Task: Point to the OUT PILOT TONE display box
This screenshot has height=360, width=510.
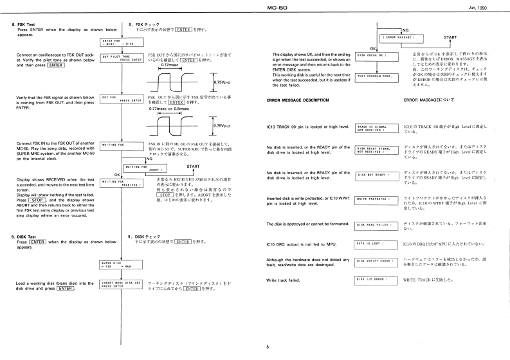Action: click(121, 59)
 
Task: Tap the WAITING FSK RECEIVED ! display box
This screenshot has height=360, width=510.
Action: click(121, 184)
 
